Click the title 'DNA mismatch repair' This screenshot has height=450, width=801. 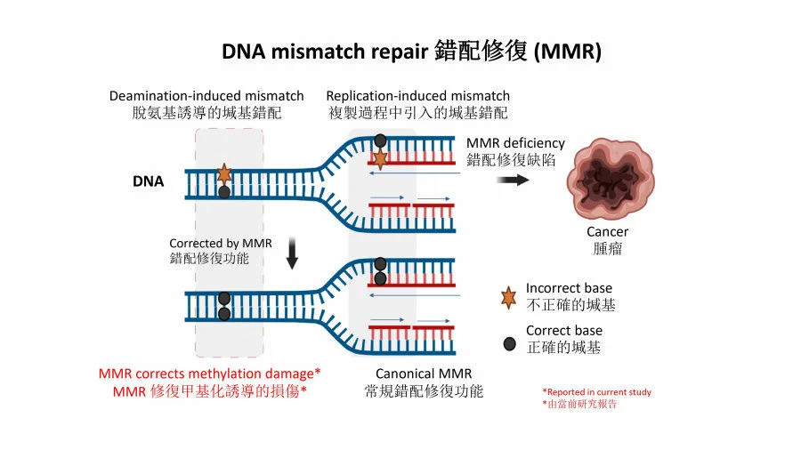(x=325, y=52)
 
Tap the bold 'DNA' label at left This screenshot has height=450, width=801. (x=148, y=181)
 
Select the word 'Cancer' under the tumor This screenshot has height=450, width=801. (x=608, y=232)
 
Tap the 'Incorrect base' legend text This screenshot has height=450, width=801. (x=569, y=288)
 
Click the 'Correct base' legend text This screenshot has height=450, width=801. (x=563, y=331)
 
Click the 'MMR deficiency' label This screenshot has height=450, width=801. (x=515, y=142)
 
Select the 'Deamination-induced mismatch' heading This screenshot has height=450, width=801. (x=206, y=95)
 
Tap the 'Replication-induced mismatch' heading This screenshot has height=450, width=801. (x=418, y=95)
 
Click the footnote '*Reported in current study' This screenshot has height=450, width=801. (x=596, y=391)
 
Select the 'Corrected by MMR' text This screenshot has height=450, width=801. (x=221, y=243)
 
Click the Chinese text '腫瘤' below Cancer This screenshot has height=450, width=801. (x=608, y=249)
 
